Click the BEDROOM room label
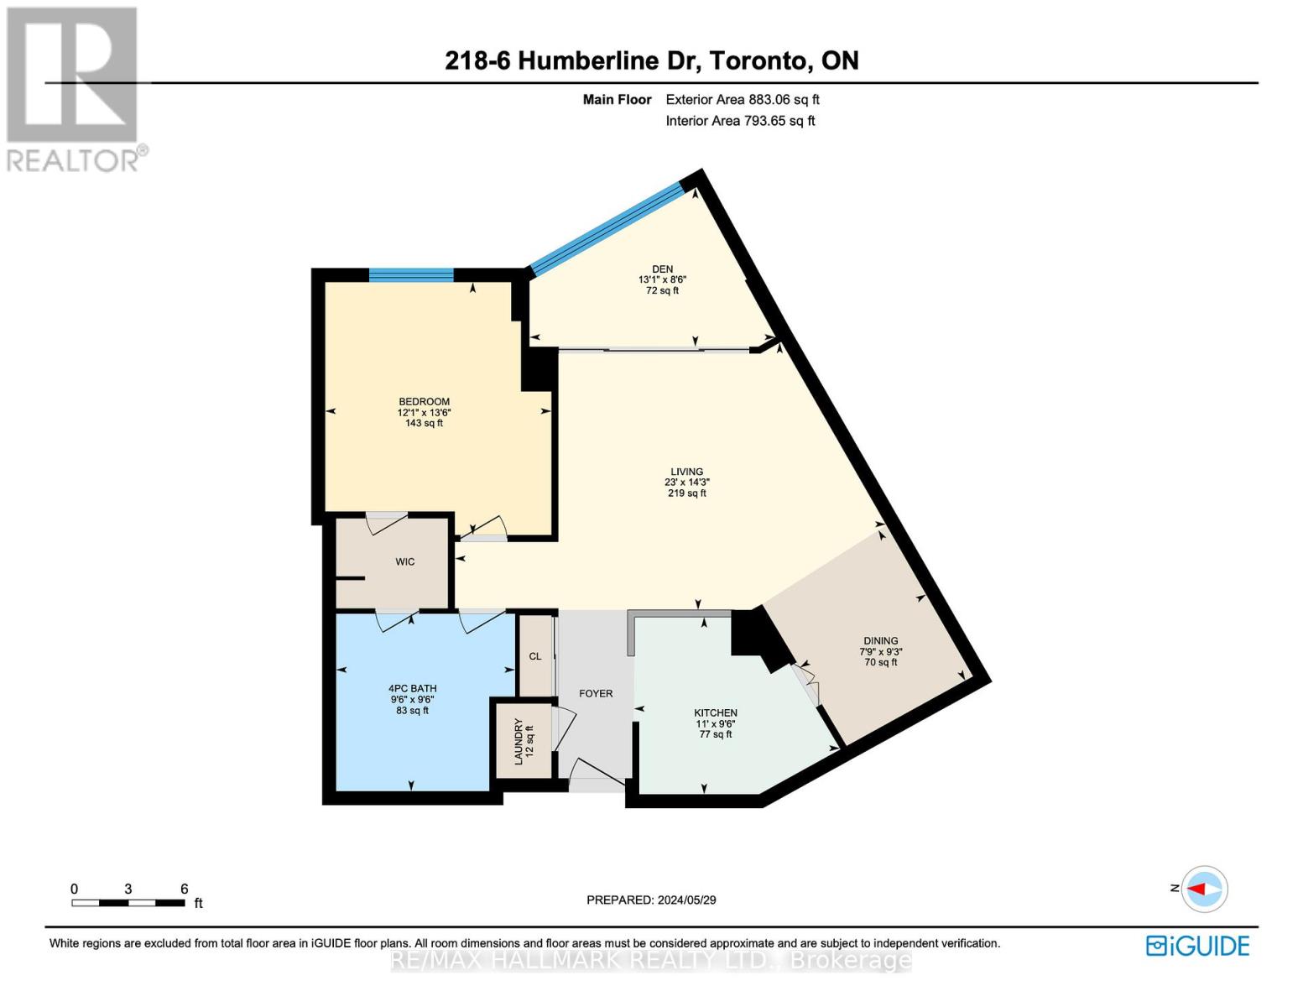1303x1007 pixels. coord(424,402)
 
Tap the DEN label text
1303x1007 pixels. coord(662,269)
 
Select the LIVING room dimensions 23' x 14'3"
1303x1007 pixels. coord(686,483)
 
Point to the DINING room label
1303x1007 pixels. coord(880,641)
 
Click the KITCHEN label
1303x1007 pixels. coord(715,713)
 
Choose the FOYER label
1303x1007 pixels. coord(596,694)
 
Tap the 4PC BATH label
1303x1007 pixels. coord(412,689)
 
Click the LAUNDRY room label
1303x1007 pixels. coord(519,741)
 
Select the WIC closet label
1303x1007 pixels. coord(405,562)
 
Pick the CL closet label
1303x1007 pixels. coord(535,656)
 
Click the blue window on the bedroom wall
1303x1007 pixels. coord(411,274)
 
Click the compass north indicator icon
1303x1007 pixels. coord(1205,889)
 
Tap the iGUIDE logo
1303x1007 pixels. coord(1197,946)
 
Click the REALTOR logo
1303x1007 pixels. coord(74,88)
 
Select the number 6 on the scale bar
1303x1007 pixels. coord(184,890)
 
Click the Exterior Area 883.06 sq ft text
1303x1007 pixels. coord(742,100)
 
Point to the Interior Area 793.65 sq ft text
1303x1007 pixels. coord(740,121)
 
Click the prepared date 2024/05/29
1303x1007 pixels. coord(687,900)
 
